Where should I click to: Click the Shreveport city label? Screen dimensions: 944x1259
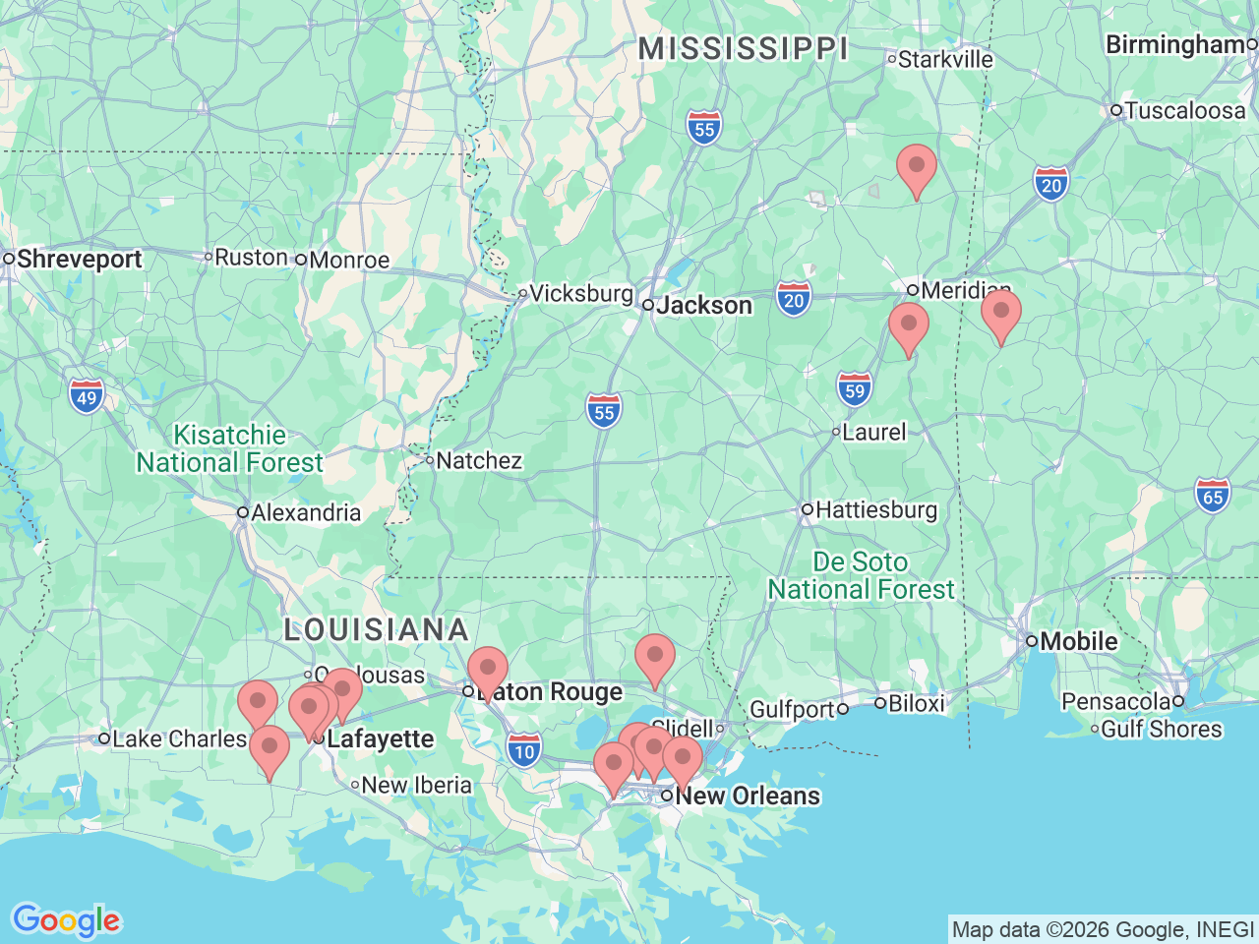pos(79,260)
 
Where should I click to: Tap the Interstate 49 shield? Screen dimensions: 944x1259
pos(87,397)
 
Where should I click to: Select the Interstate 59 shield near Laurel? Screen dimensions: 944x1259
pos(855,390)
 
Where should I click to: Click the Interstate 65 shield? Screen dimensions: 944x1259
pos(1213,497)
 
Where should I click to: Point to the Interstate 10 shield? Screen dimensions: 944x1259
pos(525,752)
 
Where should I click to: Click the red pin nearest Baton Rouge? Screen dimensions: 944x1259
pos(487,669)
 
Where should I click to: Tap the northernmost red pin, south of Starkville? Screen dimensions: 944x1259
pos(916,166)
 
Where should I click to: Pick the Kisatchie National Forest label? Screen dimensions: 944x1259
pos(229,448)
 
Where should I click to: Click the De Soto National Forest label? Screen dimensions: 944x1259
pos(861,575)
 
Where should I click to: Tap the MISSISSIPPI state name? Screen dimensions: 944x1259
pos(743,48)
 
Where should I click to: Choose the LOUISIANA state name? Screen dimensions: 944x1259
pos(376,629)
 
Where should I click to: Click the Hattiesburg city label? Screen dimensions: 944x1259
pos(875,509)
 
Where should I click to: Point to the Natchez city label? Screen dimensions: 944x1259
pos(478,460)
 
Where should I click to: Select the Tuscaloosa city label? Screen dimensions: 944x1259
pos(1184,110)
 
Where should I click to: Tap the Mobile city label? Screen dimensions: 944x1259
pos(1078,641)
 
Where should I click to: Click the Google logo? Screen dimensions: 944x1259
pos(66,921)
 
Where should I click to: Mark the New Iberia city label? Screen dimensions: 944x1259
pos(416,785)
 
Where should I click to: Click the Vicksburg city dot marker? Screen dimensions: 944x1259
pos(523,293)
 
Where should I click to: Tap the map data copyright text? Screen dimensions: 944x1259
pos(1103,929)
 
